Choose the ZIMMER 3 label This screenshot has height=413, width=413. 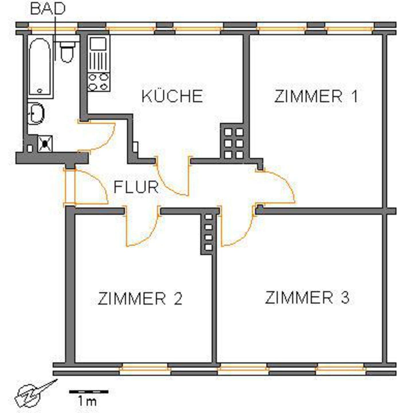click(x=307, y=297)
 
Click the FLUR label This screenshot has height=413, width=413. click(x=136, y=187)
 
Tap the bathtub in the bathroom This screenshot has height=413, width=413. click(x=40, y=67)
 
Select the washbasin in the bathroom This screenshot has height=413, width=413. click(x=36, y=113)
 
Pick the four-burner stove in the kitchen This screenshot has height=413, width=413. click(x=98, y=82)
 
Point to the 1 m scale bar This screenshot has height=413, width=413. click(x=89, y=391)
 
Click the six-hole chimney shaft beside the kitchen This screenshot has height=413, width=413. click(x=234, y=143)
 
